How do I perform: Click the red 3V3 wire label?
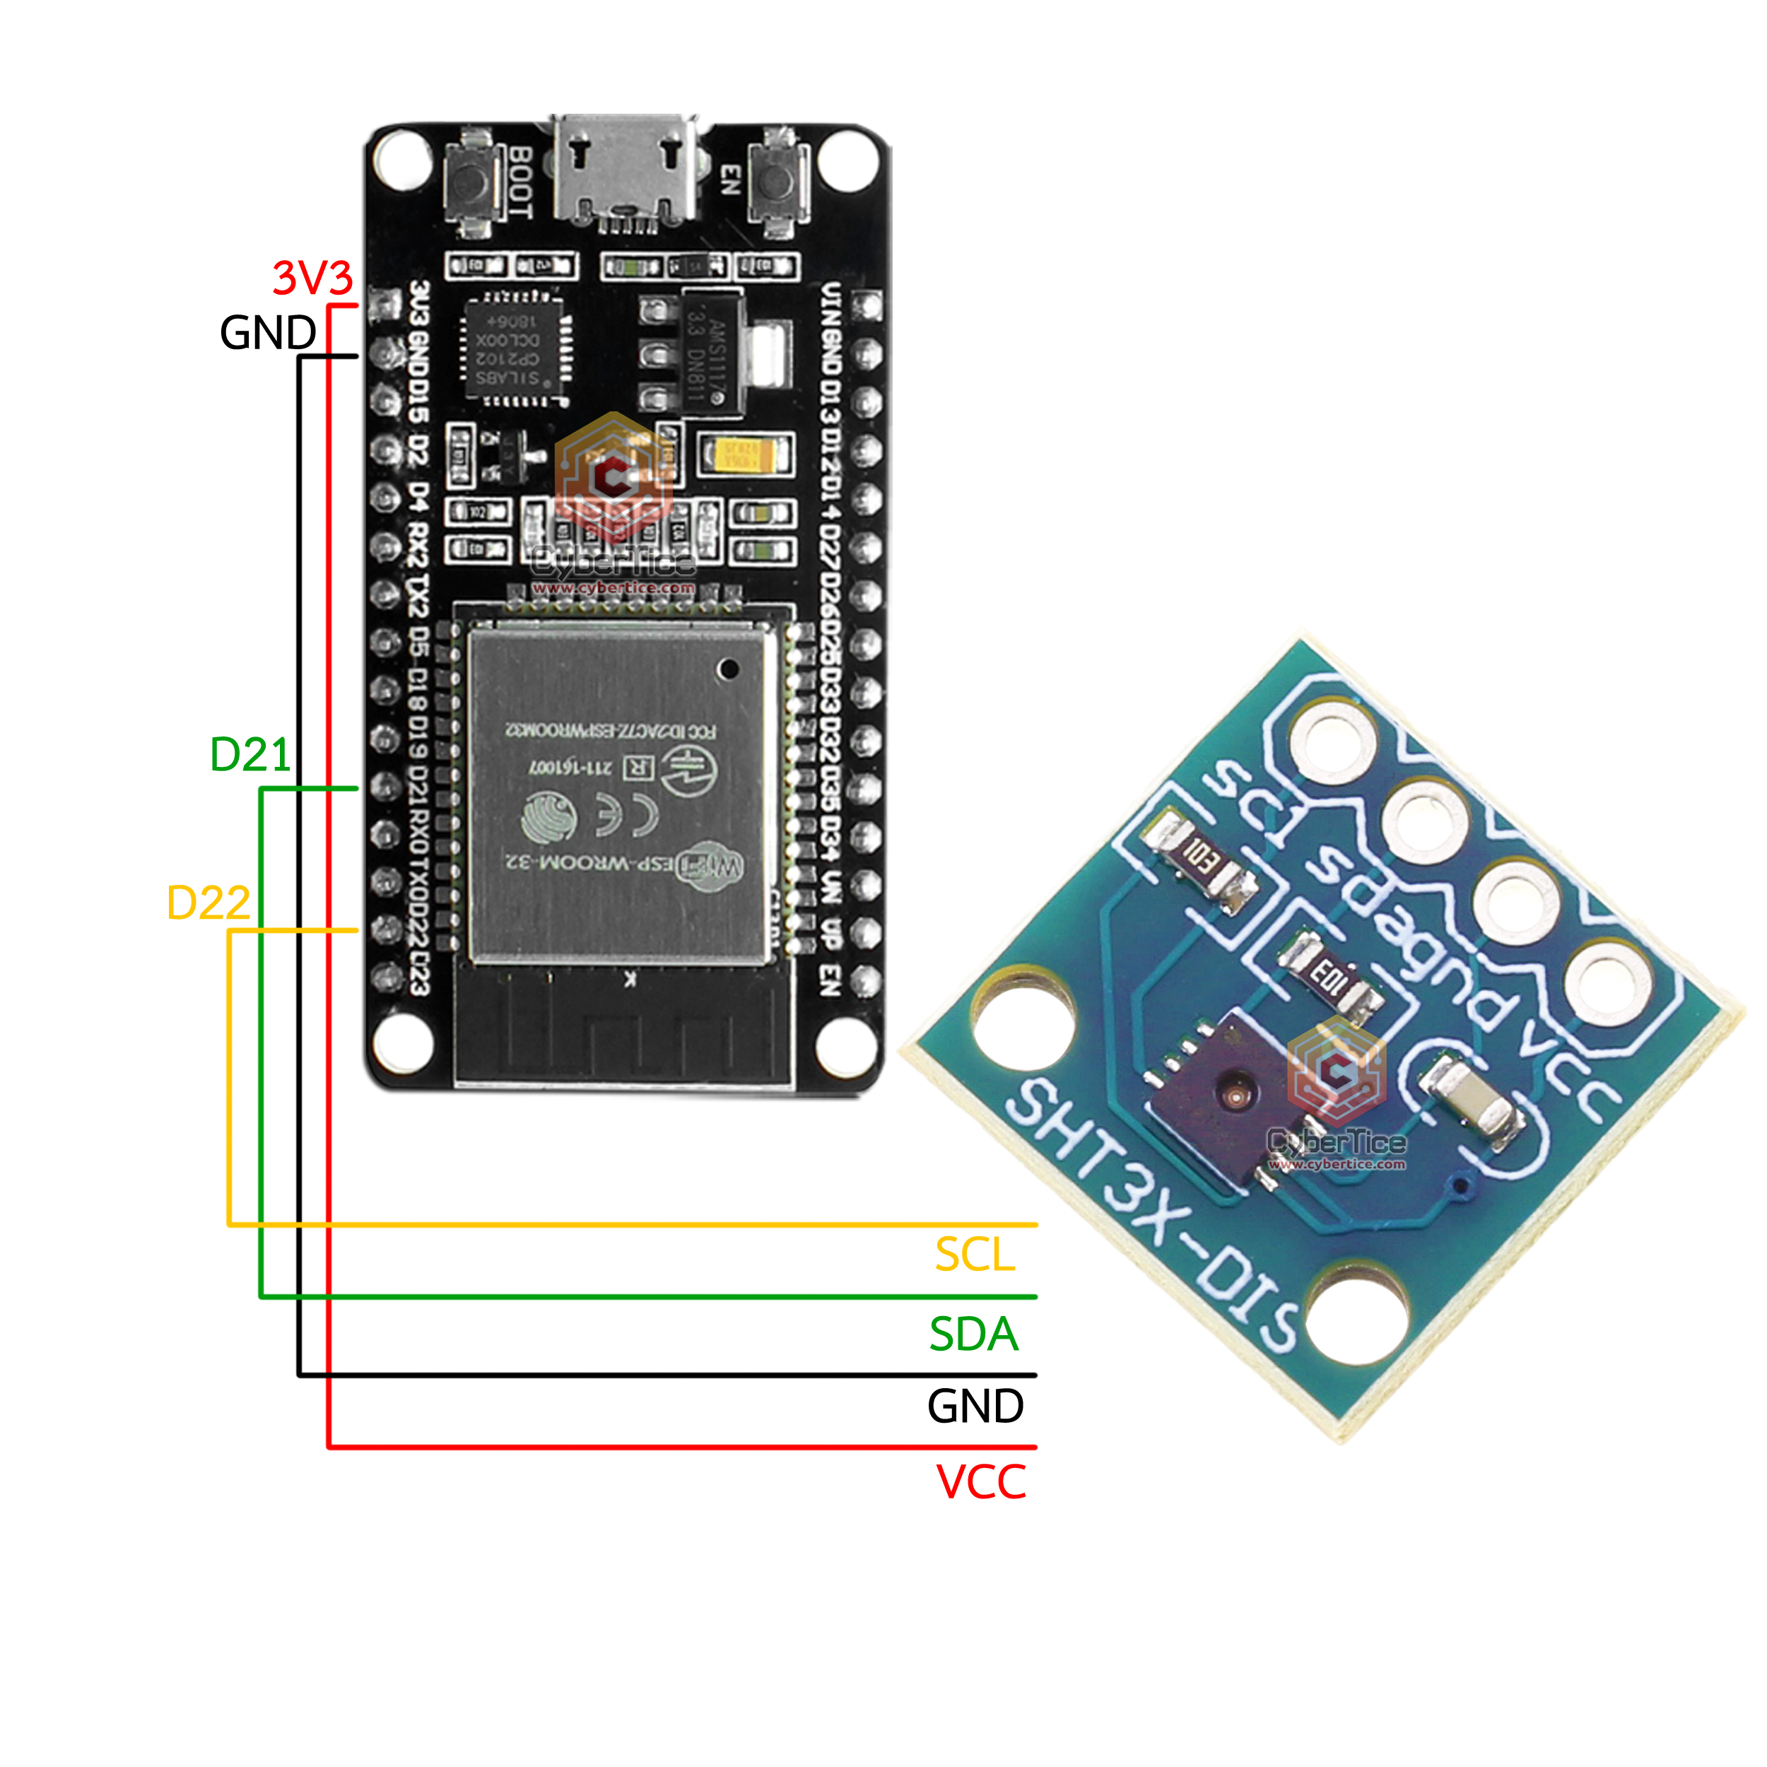312,277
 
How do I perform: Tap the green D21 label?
250,755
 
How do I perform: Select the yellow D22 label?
208,903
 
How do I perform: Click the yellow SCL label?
974,1255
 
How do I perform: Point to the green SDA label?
973,1334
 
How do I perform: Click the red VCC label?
980,1483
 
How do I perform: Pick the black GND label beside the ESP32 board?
267,332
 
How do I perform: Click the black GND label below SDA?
975,1407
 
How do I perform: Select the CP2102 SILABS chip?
514,349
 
